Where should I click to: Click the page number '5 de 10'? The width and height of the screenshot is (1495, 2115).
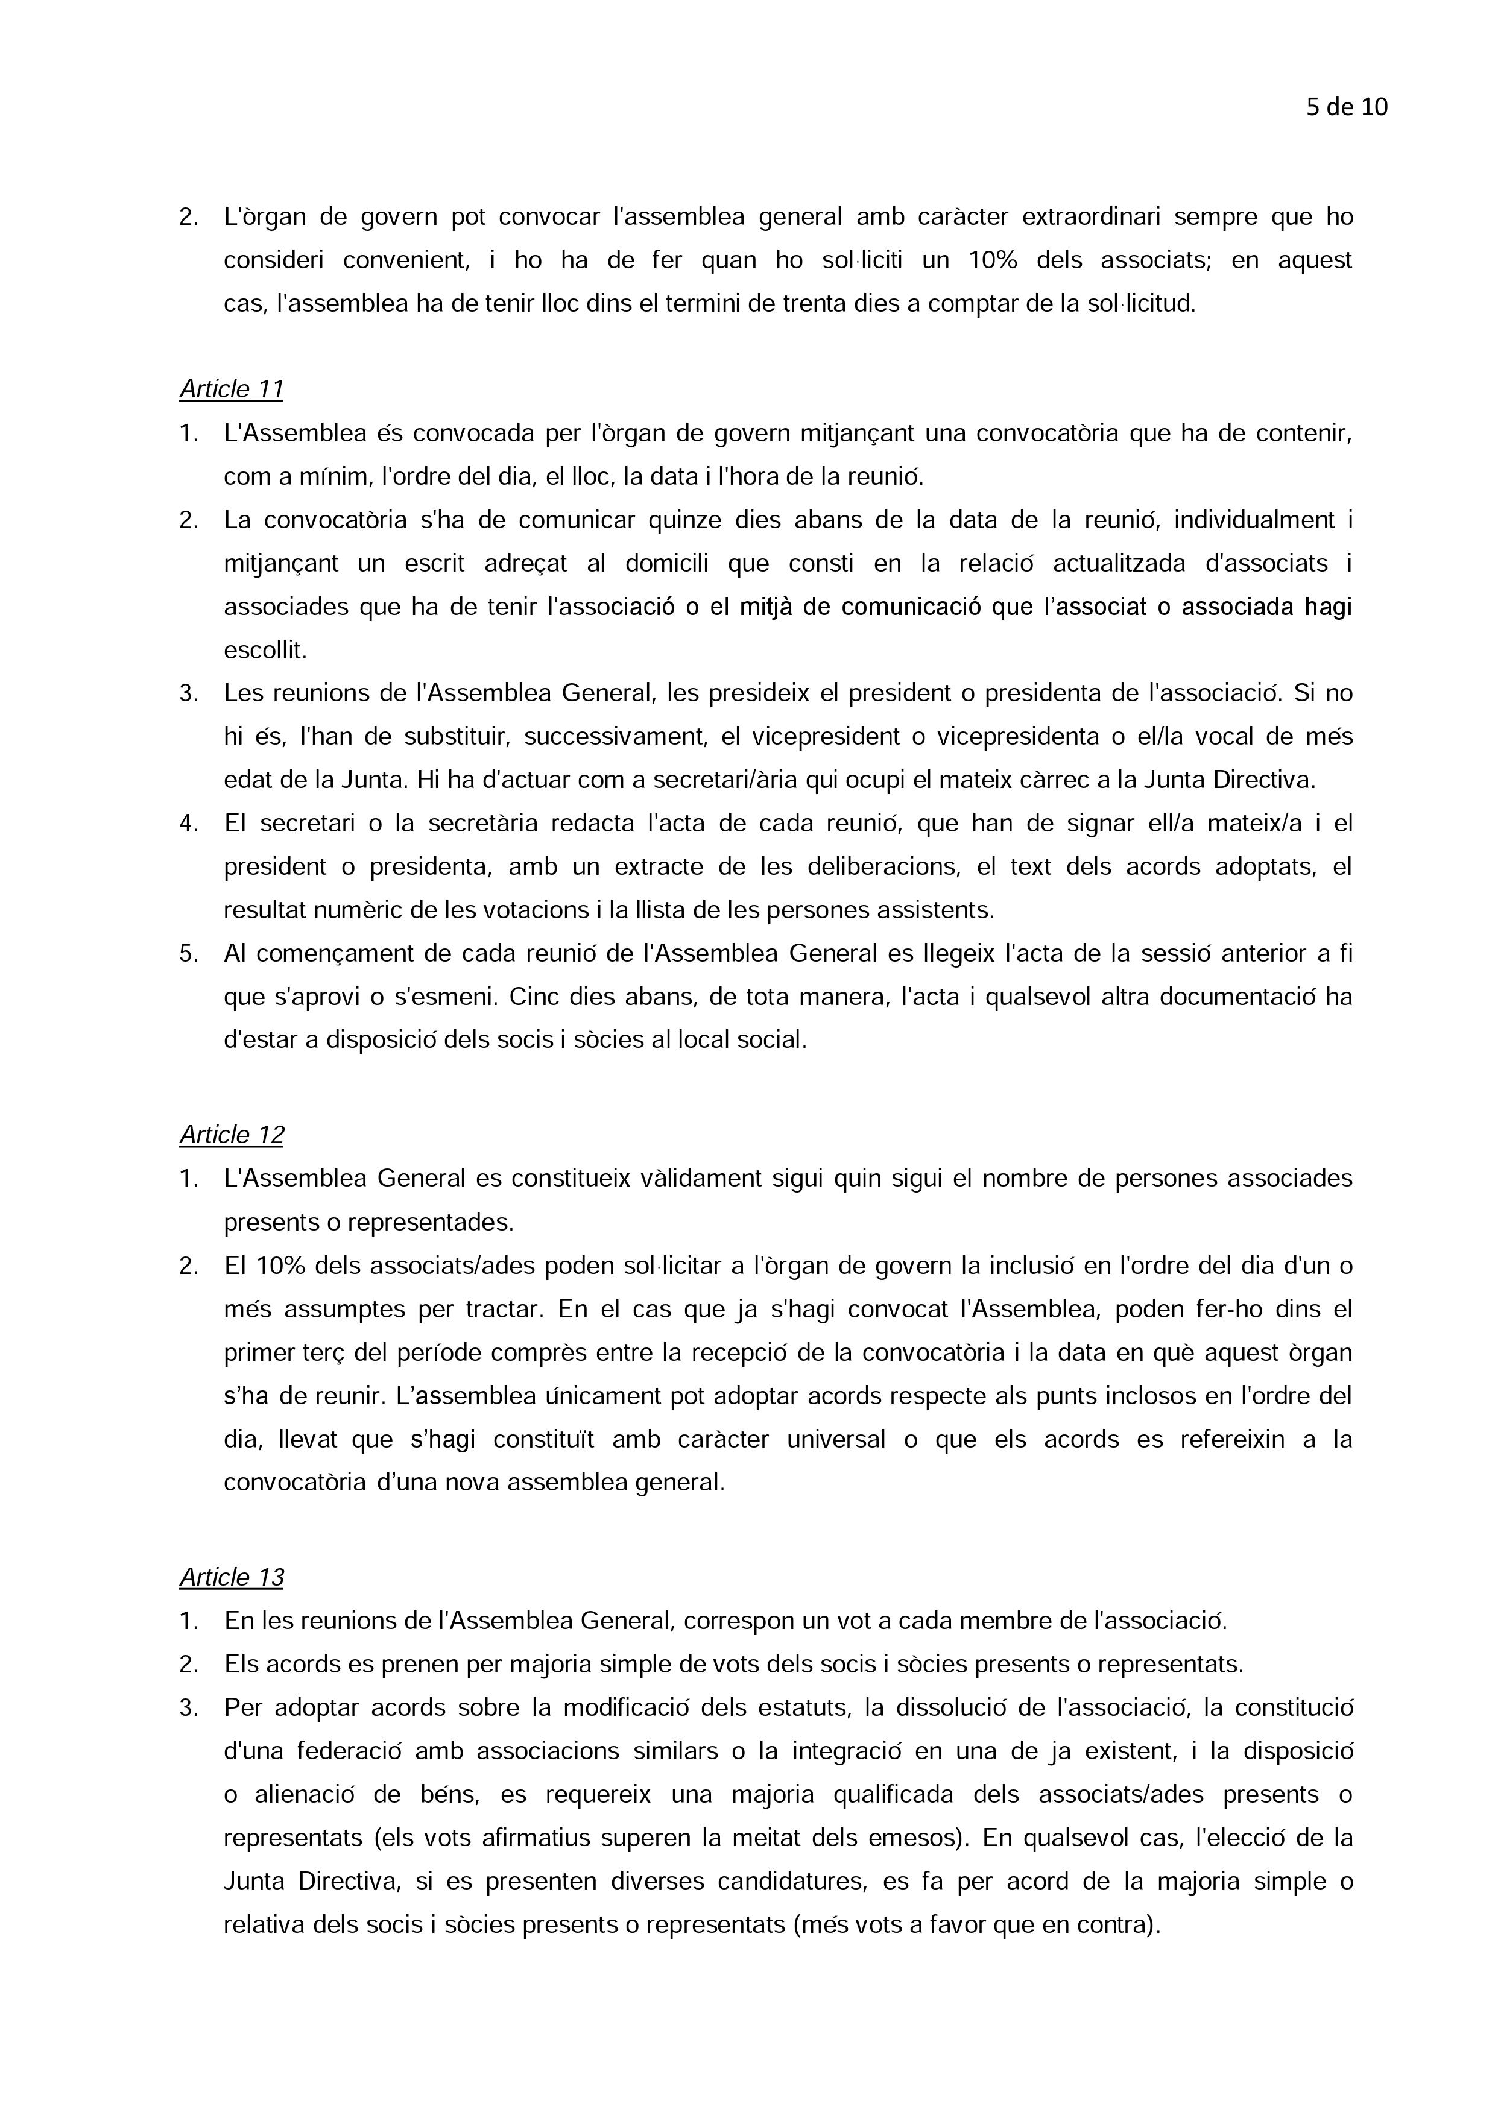[1346, 108]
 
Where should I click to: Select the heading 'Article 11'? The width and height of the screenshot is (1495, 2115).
[231, 389]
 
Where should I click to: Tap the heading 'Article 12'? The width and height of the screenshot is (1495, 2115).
[231, 1135]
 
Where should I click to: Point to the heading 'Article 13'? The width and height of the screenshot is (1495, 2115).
[231, 1577]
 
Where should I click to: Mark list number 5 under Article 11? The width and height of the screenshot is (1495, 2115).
[188, 953]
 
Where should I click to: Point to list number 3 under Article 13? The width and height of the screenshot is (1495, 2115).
[188, 1708]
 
